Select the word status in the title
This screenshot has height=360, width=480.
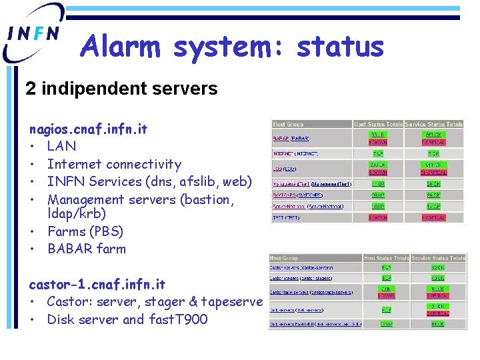340,47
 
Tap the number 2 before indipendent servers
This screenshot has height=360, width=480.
30,89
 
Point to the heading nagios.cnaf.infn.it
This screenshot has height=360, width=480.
88,129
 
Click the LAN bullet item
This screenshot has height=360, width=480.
61,146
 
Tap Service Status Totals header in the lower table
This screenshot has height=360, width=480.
439,258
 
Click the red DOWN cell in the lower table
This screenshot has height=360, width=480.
386,295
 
